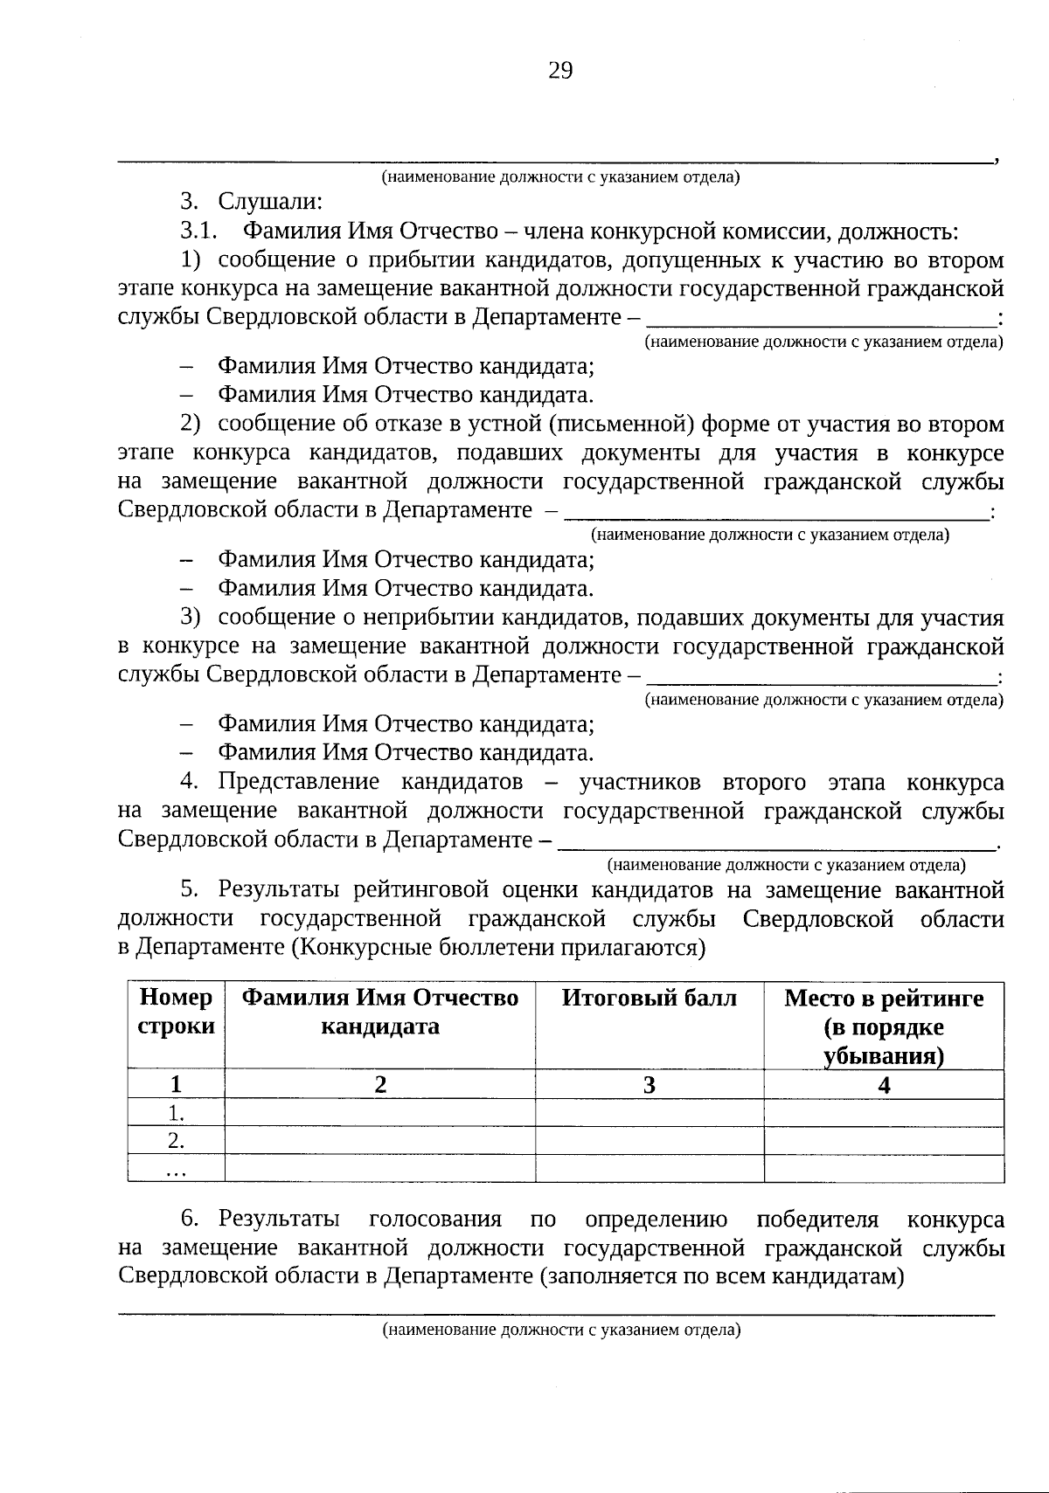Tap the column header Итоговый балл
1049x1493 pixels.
649,999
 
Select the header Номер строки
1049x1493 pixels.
176,1012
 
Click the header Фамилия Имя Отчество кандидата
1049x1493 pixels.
379,1012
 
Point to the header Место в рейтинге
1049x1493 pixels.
884,999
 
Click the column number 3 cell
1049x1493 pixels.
649,1085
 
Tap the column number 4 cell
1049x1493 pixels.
884,1085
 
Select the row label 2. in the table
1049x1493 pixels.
176,1140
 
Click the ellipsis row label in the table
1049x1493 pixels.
176,1169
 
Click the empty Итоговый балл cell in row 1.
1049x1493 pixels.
649,1112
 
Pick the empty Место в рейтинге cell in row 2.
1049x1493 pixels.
884,1140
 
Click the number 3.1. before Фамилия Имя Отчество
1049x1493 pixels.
198,232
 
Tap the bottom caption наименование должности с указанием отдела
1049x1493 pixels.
560,1331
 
